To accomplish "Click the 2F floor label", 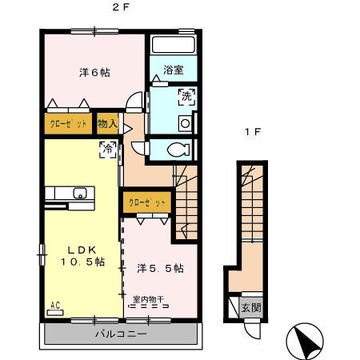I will (120, 7).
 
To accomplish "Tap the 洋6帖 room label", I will (94, 73).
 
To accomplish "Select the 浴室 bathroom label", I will (174, 70).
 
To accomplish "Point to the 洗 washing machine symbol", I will (185, 97).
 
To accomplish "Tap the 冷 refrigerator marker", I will (106, 147).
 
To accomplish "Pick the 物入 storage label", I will (108, 124).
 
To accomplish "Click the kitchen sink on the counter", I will (80, 193).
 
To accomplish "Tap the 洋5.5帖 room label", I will (160, 267).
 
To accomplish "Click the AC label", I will (56, 306).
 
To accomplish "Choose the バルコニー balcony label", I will (120, 334).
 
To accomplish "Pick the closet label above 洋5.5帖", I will (146, 203).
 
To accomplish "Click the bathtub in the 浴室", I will (174, 46).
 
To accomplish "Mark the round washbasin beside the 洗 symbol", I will (185, 123).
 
